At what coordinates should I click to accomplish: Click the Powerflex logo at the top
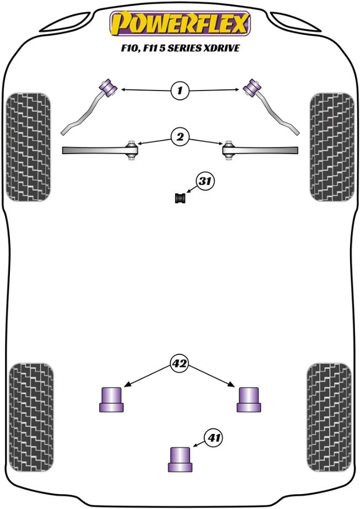(180, 23)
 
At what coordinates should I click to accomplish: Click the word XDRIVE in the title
(221, 48)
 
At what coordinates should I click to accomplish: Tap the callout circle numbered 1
(179, 90)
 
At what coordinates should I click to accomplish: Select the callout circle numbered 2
(180, 137)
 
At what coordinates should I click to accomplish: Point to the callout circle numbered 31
(205, 181)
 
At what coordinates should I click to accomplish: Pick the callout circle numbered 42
(179, 363)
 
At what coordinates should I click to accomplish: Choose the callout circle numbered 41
(213, 438)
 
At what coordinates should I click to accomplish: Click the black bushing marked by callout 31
(180, 198)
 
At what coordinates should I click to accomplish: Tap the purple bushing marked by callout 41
(180, 459)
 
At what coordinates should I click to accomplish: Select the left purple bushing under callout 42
(112, 400)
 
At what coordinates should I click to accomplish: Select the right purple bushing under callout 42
(248, 400)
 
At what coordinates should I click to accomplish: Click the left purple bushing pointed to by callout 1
(108, 87)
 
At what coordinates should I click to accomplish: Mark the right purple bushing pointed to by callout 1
(252, 87)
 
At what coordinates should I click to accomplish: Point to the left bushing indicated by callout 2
(131, 150)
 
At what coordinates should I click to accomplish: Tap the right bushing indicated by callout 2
(229, 150)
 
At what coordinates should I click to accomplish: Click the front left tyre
(29, 147)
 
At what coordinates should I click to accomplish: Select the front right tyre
(332, 147)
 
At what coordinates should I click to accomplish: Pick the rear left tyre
(31, 417)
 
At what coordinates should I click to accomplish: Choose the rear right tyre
(329, 417)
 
